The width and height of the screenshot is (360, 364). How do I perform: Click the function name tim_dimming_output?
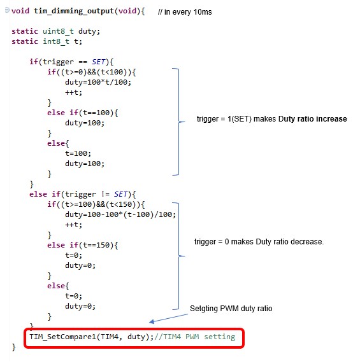[74, 11]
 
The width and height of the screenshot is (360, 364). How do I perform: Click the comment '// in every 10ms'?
[185, 12]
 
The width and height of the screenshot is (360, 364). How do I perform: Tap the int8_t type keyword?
[56, 41]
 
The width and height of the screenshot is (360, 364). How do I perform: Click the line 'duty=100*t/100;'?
[98, 82]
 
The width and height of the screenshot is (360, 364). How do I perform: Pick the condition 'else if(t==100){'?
[82, 113]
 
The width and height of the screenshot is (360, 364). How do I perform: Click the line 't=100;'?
[78, 153]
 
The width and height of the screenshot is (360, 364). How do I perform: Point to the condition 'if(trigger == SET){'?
[71, 62]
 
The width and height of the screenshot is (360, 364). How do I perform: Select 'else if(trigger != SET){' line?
[82, 194]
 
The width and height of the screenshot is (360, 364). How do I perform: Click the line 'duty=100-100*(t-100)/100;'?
[120, 214]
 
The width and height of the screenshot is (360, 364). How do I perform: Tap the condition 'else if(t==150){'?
[82, 245]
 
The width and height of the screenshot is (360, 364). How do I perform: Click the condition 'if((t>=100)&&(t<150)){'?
[96, 204]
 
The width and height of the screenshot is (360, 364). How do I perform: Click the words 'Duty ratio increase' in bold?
[313, 119]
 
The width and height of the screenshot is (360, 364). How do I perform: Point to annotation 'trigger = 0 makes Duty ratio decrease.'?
[259, 242]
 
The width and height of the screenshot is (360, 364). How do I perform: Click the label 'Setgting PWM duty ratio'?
[231, 309]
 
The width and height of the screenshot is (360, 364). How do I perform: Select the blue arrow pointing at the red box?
[168, 318]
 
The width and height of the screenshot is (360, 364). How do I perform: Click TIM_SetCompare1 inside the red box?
[62, 337]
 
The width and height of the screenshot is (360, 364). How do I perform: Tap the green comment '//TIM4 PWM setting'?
[195, 337]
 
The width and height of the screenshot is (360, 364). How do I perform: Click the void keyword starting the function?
[20, 11]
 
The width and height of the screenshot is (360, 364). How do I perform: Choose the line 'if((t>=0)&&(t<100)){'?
[92, 72]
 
